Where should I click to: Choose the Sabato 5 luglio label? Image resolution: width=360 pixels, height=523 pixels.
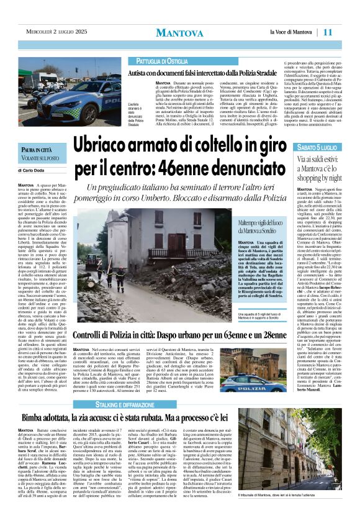317,147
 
